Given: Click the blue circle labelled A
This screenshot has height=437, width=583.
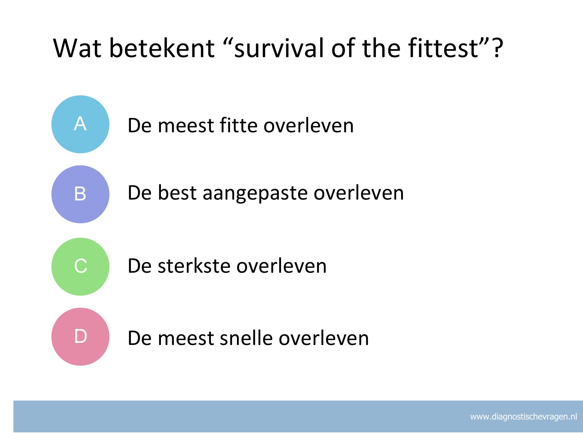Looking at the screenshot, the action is [x=80, y=124].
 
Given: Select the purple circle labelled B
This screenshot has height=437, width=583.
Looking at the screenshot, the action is [x=80, y=194].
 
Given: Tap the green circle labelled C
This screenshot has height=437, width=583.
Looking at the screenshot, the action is [x=80, y=267].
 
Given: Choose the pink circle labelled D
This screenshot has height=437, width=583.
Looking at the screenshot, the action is [x=80, y=336].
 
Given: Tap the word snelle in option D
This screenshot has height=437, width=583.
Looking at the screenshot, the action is [x=246, y=338].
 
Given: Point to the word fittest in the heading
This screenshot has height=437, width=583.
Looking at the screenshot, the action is [x=443, y=48].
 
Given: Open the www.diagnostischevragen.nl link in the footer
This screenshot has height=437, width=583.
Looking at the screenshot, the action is [x=524, y=417].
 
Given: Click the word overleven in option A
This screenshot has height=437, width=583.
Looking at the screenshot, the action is [x=308, y=125].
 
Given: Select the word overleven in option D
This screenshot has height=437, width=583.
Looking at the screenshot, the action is [x=324, y=338].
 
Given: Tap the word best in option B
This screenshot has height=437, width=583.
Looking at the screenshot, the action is [x=177, y=193].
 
